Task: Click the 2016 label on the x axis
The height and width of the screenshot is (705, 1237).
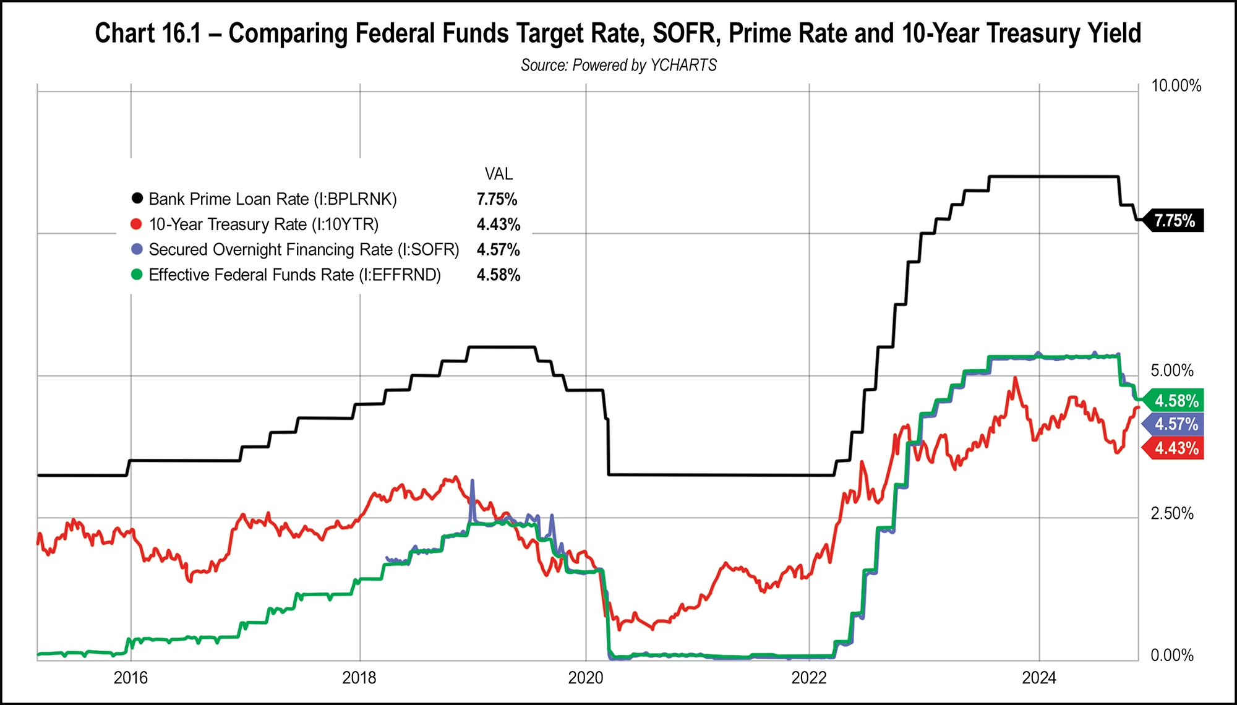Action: click(131, 678)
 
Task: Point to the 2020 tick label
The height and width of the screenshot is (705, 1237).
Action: click(585, 678)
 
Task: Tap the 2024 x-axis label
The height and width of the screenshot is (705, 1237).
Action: click(1038, 678)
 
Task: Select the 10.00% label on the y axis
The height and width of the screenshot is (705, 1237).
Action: click(1175, 86)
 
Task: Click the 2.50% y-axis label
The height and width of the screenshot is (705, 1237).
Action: click(1171, 513)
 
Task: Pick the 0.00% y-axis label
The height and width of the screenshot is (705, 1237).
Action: click(1171, 656)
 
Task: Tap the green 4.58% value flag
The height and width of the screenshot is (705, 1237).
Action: click(1175, 401)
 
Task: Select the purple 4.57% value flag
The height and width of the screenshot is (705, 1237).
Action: click(1175, 424)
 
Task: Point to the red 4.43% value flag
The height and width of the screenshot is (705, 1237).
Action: click(1175, 448)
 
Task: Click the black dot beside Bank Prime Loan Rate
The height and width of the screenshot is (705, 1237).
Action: click(137, 199)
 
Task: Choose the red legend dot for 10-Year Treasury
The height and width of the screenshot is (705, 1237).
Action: click(137, 224)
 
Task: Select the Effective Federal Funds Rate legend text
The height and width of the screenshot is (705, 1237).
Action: click(294, 275)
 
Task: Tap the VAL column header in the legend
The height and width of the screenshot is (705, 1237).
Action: click(498, 174)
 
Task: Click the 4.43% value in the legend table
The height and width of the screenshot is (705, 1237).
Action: click(498, 224)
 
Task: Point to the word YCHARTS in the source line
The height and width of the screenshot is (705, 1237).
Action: click(683, 65)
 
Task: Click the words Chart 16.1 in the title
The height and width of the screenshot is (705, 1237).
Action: click(148, 33)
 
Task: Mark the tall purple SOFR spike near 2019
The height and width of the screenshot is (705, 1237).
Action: click(473, 482)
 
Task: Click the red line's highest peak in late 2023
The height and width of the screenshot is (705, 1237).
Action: click(1014, 378)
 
